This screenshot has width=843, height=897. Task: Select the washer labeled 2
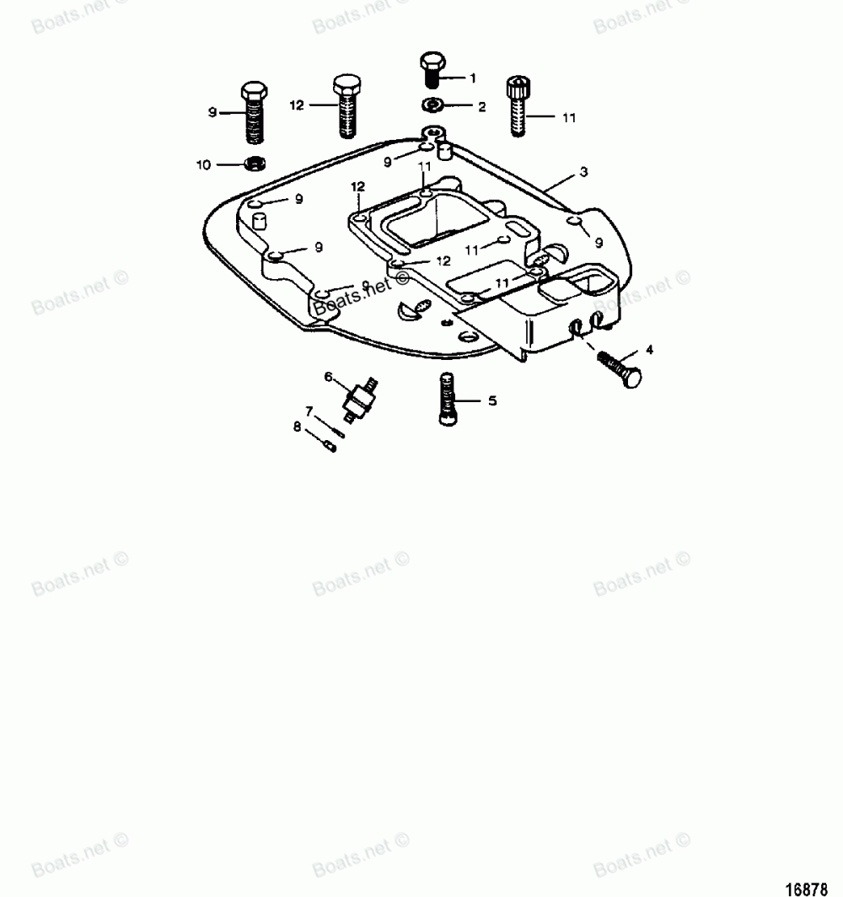pos(432,105)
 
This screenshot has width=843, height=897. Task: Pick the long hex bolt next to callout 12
pos(346,105)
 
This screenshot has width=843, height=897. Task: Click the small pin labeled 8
pos(330,444)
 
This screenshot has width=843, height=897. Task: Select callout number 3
pos(583,172)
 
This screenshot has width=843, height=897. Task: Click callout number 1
pos(473,78)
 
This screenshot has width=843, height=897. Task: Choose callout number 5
pos(492,401)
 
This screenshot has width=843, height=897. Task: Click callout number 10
pos(203,164)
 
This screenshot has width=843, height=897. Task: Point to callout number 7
pos(309,411)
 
